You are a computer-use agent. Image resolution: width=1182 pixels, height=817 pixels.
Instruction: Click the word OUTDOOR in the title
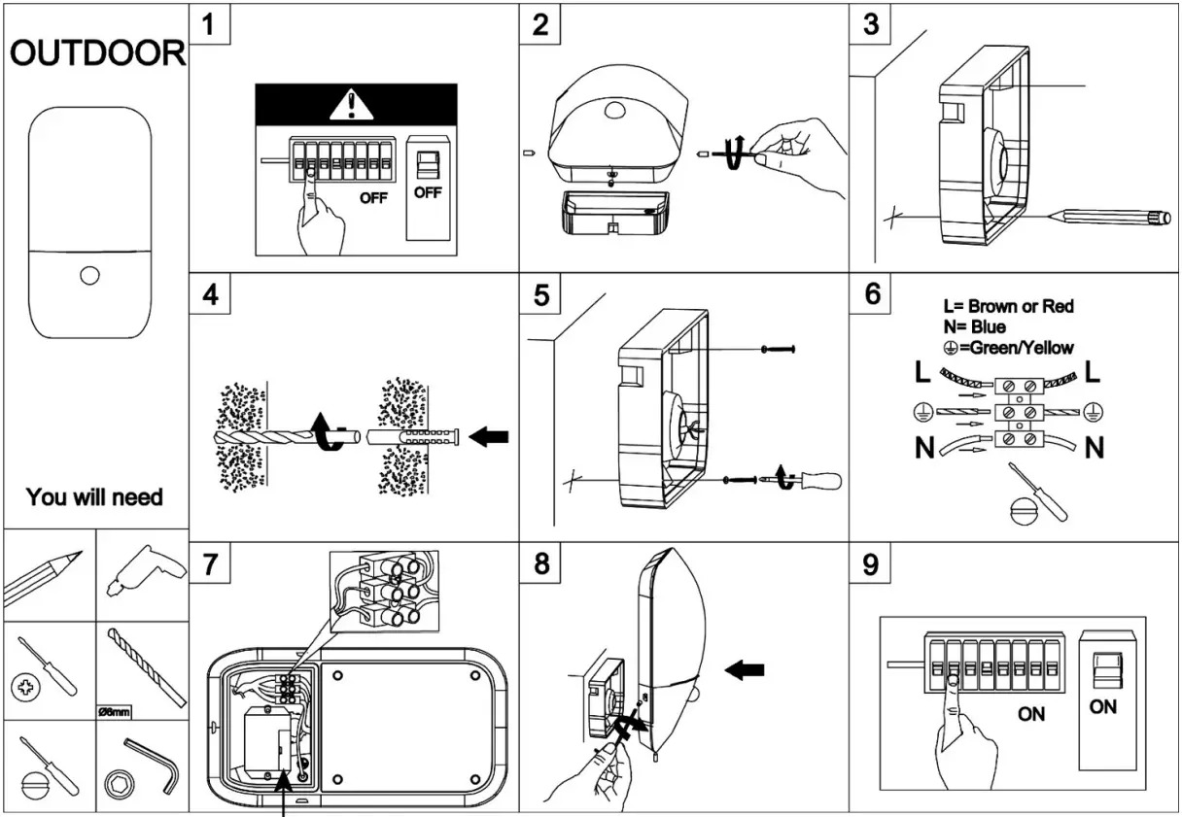(x=96, y=53)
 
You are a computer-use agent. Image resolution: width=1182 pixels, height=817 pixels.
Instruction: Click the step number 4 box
(x=211, y=295)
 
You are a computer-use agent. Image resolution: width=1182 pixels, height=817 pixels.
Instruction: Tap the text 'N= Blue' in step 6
(x=973, y=327)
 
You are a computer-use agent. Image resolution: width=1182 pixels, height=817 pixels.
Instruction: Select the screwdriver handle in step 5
(x=820, y=479)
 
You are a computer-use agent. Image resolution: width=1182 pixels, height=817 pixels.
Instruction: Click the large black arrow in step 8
(x=745, y=669)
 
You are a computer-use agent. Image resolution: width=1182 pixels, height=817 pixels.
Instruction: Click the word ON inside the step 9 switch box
(x=1102, y=707)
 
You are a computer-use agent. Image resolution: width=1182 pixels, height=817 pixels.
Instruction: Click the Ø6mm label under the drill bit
(x=115, y=710)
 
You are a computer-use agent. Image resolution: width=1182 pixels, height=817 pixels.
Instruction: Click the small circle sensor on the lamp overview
(x=90, y=276)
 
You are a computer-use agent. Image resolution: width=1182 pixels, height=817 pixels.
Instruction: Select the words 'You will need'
(x=94, y=498)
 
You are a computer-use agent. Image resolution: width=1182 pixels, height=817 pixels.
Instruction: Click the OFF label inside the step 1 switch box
(x=427, y=192)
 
